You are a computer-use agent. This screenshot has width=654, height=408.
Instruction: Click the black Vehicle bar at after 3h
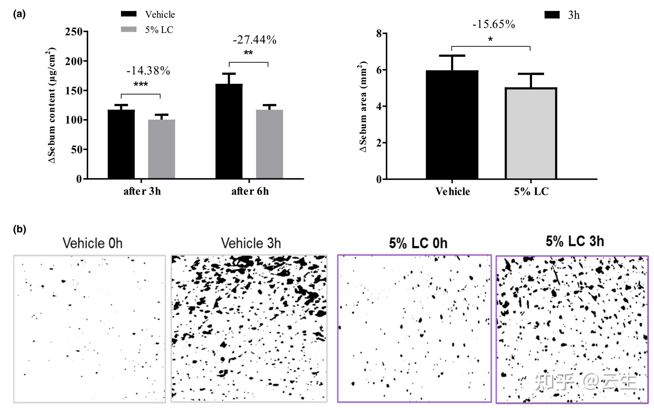point(121,144)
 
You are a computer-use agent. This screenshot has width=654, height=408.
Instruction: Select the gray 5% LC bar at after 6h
point(269,144)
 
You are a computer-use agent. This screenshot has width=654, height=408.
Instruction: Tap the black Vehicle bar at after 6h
point(229,131)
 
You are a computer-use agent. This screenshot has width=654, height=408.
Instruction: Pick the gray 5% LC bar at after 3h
point(161,149)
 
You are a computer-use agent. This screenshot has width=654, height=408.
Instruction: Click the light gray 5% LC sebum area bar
point(531,134)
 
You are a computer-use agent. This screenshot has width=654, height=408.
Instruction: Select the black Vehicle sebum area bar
point(452,125)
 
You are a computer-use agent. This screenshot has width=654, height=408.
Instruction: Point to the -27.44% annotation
point(255,40)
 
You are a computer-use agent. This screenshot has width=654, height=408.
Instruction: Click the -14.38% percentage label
point(148,71)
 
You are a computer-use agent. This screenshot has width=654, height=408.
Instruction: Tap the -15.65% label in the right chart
point(494,24)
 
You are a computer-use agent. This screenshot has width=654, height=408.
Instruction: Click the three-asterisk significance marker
point(141,85)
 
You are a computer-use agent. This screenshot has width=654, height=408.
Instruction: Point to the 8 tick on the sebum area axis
point(379,34)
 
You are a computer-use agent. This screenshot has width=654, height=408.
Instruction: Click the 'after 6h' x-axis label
point(250,191)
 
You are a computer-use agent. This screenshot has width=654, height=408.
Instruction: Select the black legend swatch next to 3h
point(552,15)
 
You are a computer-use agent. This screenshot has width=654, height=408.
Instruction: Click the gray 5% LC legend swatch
point(129,29)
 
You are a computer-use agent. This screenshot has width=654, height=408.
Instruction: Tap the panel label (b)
point(20,229)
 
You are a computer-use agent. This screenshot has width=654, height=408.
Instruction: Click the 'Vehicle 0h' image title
point(92,243)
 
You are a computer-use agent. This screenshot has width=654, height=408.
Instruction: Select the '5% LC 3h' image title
point(575,241)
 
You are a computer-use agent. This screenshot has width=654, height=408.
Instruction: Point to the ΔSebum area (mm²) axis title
point(363,107)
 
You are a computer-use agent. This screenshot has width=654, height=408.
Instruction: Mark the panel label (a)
point(19,14)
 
